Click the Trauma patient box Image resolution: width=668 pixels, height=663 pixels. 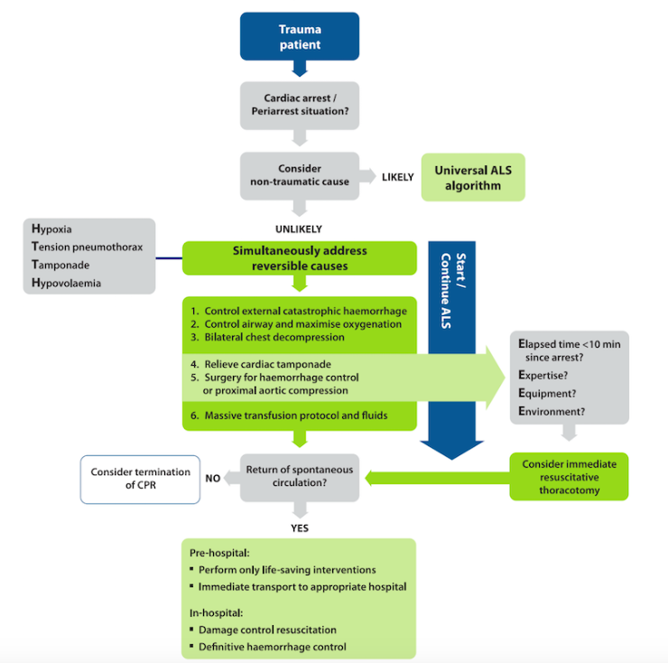[299, 37]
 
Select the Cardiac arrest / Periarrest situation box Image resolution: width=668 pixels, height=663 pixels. [299, 107]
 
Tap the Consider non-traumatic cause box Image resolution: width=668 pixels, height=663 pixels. [299, 175]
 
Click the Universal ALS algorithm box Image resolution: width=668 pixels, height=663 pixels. [472, 176]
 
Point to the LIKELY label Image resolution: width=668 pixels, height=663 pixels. [397, 176]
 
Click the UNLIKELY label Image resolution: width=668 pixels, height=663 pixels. [299, 229]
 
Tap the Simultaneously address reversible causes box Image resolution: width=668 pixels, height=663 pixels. [299, 258]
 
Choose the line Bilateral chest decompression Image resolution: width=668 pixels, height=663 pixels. [275, 337]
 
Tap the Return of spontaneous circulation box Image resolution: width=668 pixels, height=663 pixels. [299, 477]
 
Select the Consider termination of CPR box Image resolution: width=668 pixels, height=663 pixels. [141, 478]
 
